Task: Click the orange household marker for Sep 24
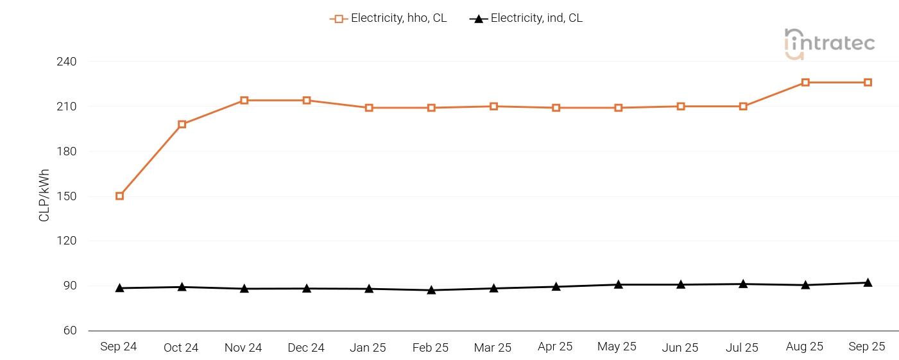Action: (x=119, y=196)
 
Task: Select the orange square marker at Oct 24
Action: (x=182, y=124)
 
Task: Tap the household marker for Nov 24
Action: (x=244, y=100)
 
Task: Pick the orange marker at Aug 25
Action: (x=805, y=82)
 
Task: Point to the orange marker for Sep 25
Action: (x=868, y=82)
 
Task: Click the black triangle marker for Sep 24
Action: (x=119, y=288)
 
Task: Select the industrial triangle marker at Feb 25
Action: (x=431, y=290)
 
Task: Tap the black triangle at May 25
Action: (x=618, y=284)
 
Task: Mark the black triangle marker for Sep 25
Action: (x=868, y=282)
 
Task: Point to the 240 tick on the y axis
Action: (x=66, y=62)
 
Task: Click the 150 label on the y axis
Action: (x=66, y=196)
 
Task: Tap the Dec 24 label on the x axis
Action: (x=306, y=348)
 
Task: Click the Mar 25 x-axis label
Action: (x=493, y=348)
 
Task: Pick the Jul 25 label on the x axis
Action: (x=742, y=348)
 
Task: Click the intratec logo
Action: (x=829, y=44)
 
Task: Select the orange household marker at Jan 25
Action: (x=369, y=108)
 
